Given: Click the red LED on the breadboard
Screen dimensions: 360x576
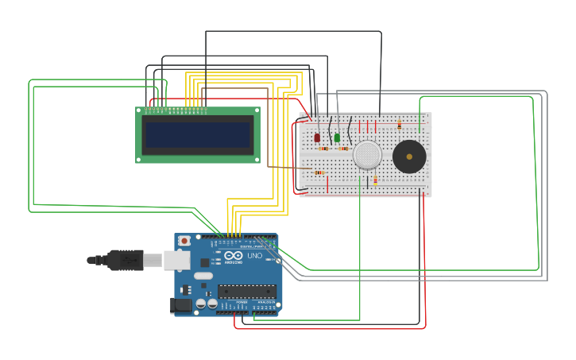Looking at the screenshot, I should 317,137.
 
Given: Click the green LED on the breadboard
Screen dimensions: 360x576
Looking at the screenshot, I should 337,137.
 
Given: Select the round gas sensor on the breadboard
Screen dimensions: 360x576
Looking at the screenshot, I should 367,154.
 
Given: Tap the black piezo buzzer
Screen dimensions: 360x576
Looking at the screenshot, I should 409,157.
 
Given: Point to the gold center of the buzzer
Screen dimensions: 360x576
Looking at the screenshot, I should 409,157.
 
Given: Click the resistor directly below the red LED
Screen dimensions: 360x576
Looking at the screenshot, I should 323,149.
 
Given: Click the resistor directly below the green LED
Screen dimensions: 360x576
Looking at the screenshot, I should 343,149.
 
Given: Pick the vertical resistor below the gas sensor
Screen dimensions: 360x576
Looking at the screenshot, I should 375,180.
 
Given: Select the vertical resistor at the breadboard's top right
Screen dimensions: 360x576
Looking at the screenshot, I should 399,125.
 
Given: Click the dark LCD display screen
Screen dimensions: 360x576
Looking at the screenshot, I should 198,135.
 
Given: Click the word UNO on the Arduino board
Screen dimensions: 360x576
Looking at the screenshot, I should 254,256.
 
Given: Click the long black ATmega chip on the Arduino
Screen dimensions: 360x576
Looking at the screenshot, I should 246,291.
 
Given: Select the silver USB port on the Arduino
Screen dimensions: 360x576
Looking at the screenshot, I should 176,260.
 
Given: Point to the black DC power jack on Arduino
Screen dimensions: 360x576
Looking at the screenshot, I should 181,305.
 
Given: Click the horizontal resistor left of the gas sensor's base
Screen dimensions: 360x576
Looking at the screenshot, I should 318,172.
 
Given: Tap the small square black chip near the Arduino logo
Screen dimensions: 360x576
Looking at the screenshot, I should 204,261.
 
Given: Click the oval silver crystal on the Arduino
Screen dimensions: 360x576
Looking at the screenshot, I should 203,277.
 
